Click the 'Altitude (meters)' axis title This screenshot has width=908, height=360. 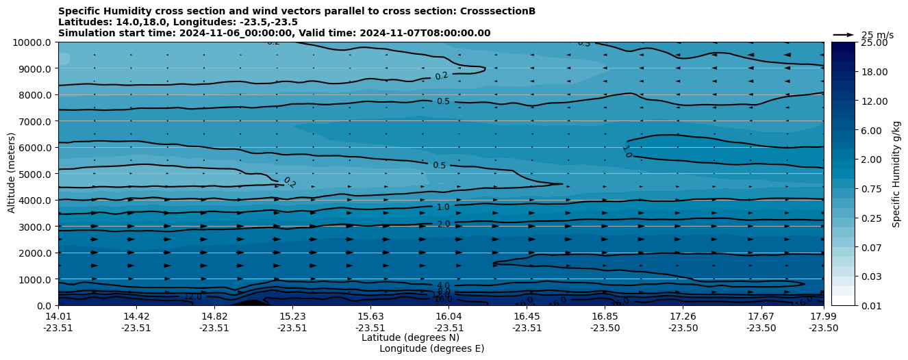(12, 174)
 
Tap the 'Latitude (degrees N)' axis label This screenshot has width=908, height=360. (410, 337)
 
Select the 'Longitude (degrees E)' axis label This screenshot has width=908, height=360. (431, 348)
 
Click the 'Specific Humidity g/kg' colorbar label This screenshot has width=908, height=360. (896, 174)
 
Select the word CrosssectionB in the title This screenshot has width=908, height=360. (499, 11)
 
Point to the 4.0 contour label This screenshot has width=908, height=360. (443, 285)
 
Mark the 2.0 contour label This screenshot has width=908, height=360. (443, 224)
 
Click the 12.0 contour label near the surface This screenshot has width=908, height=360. (193, 297)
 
